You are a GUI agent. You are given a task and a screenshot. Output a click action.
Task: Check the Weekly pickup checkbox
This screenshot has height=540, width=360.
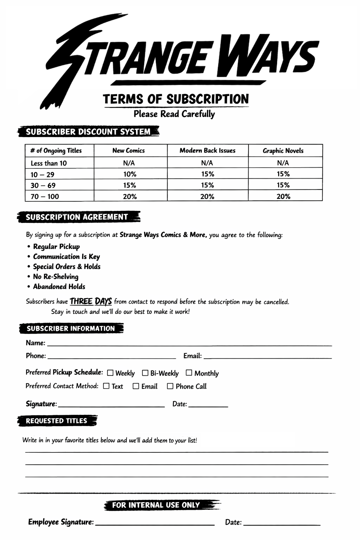click(x=110, y=373)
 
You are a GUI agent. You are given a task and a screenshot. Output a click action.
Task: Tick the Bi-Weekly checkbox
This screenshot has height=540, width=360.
click(x=145, y=373)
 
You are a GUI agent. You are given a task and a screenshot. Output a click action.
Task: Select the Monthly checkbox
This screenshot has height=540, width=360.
click(x=189, y=372)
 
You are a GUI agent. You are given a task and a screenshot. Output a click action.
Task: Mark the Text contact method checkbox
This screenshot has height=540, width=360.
click(x=106, y=386)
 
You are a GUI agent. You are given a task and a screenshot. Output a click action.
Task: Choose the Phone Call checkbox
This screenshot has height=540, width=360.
click(x=170, y=386)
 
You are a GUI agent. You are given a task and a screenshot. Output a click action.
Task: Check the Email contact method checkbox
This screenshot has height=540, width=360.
click(x=136, y=386)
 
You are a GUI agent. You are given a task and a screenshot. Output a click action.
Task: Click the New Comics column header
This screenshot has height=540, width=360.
click(x=129, y=150)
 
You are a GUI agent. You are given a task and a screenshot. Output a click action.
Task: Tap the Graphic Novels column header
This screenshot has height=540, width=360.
click(x=283, y=150)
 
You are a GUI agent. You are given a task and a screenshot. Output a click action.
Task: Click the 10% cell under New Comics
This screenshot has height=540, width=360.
click(x=130, y=174)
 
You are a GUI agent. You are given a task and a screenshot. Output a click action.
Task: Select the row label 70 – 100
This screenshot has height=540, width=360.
click(x=45, y=197)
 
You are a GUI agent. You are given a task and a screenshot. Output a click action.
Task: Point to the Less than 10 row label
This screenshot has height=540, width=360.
click(x=49, y=163)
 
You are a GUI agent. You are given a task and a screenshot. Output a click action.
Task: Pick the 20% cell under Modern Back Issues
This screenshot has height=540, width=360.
click(x=207, y=197)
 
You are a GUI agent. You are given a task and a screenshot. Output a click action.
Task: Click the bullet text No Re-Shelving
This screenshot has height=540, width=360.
click(x=56, y=277)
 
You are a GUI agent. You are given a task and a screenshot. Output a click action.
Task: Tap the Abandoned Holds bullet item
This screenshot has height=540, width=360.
click(x=59, y=287)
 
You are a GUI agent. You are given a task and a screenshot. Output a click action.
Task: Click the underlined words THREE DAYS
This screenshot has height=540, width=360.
click(x=91, y=302)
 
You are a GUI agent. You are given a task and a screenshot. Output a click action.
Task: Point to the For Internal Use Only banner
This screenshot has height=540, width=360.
click(x=156, y=505)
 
